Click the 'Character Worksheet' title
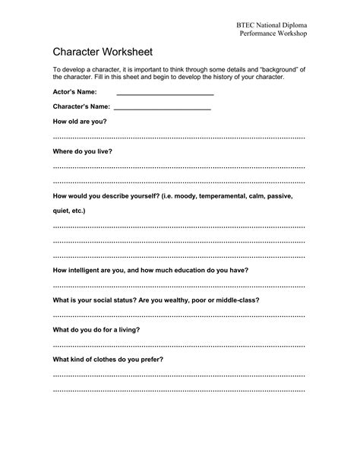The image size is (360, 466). pyautogui.click(x=103, y=52)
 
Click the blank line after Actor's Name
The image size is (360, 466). pyautogui.click(x=165, y=94)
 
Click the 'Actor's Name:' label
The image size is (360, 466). pyautogui.click(x=74, y=92)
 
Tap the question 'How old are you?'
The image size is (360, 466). pyautogui.click(x=79, y=122)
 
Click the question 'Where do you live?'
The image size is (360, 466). pyautogui.click(x=82, y=151)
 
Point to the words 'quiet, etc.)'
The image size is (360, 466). pyautogui.click(x=69, y=211)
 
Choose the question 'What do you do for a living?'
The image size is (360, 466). pyautogui.click(x=96, y=329)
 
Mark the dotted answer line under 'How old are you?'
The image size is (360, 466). pyautogui.click(x=178, y=137)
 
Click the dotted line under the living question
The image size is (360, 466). pyautogui.click(x=178, y=344)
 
